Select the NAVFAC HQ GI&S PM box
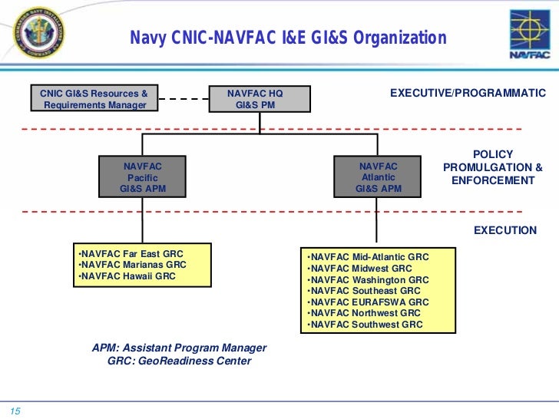(x=256, y=99)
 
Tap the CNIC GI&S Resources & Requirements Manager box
(x=94, y=99)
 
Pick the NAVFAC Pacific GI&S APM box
(x=142, y=177)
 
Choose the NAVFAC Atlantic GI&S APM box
(x=378, y=177)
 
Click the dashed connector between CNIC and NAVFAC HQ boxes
(x=184, y=99)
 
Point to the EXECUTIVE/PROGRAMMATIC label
(x=468, y=94)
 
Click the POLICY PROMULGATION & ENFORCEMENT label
(x=492, y=167)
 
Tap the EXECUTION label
(x=504, y=230)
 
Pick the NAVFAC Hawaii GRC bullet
(x=127, y=276)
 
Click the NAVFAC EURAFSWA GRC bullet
(x=367, y=302)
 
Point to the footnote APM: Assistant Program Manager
(x=179, y=348)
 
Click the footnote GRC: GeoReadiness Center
(x=179, y=361)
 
